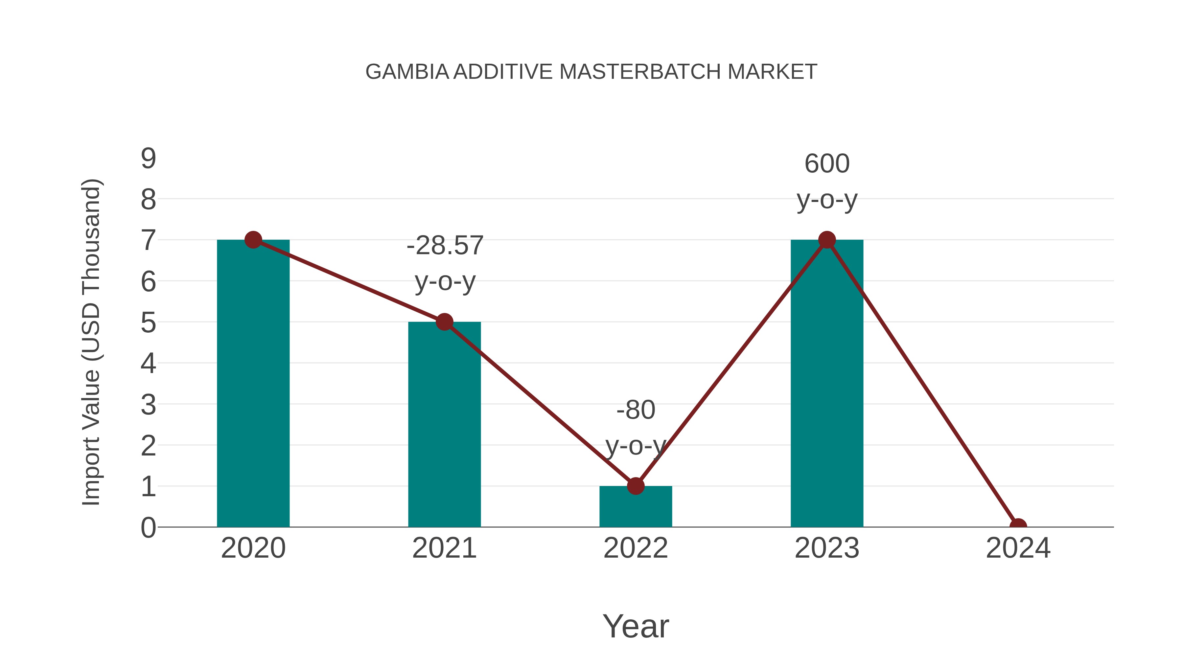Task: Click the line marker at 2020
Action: point(253,240)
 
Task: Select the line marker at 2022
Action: point(636,486)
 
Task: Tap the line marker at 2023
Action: point(827,240)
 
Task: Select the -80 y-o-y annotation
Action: point(636,427)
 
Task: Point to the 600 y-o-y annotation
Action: point(827,181)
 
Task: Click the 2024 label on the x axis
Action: point(1018,548)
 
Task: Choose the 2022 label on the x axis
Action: point(636,548)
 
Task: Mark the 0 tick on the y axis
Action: point(148,527)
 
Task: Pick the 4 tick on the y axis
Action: point(148,364)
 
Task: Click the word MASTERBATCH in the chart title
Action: point(641,72)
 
